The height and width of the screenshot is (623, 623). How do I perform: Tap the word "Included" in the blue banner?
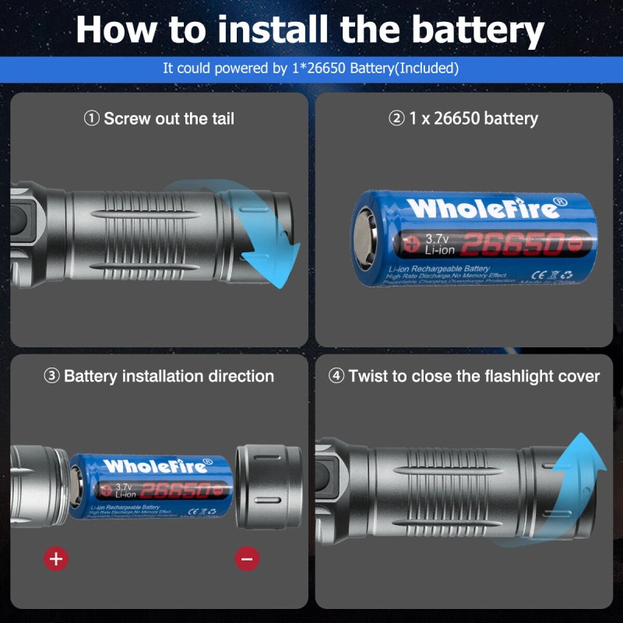(426, 68)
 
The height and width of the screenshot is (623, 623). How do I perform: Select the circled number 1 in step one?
(92, 118)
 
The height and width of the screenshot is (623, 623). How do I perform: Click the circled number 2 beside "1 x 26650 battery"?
(397, 118)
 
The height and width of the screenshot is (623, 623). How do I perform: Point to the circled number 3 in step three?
(51, 376)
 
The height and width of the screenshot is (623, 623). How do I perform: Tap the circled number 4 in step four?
(336, 376)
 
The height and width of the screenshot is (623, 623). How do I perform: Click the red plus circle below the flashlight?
(55, 558)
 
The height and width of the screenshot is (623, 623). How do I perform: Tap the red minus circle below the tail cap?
(247, 558)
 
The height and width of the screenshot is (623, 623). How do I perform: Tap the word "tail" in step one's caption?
(220, 118)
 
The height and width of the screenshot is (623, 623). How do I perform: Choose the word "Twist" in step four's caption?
(368, 376)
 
